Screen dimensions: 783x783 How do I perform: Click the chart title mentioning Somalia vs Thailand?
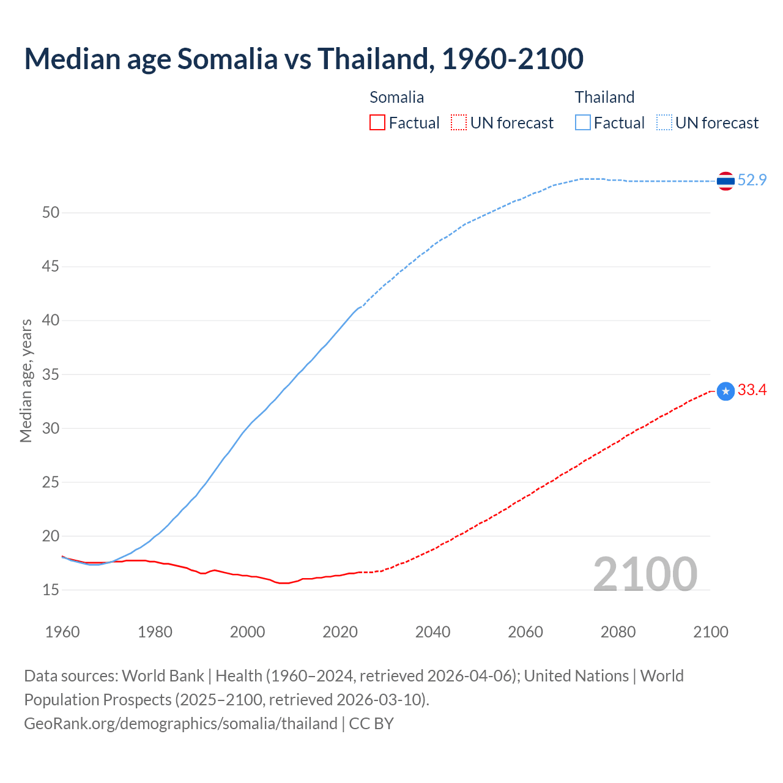pyautogui.click(x=303, y=59)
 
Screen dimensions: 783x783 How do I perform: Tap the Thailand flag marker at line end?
pyautogui.click(x=725, y=181)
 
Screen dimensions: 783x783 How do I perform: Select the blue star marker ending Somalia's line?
pyautogui.click(x=725, y=391)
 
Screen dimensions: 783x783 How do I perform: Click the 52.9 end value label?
pyautogui.click(x=752, y=180)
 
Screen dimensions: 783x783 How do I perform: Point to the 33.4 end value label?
pyautogui.click(x=752, y=390)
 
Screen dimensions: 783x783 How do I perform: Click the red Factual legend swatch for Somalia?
pyautogui.click(x=377, y=123)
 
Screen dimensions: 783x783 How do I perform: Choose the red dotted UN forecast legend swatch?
pyautogui.click(x=459, y=123)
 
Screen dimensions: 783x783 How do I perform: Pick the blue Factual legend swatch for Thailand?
pyautogui.click(x=583, y=123)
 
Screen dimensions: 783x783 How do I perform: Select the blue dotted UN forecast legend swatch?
pyautogui.click(x=664, y=123)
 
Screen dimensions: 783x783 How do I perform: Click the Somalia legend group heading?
pyautogui.click(x=396, y=97)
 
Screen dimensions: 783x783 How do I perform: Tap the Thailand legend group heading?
pyautogui.click(x=604, y=97)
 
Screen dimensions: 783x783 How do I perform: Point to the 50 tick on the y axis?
pyautogui.click(x=51, y=213)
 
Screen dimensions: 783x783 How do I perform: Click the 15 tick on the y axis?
pyautogui.click(x=51, y=590)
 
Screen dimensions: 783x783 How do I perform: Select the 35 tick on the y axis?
pyautogui.click(x=51, y=374)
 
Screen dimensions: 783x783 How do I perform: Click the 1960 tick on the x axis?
pyautogui.click(x=62, y=632)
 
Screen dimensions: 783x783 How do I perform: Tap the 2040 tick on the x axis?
pyautogui.click(x=432, y=632)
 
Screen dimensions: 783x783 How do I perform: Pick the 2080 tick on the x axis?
pyautogui.click(x=618, y=632)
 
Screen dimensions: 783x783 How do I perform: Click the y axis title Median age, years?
pyautogui.click(x=26, y=380)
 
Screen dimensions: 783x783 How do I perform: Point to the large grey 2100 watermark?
pyautogui.click(x=645, y=574)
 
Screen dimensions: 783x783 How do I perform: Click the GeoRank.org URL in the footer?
pyautogui.click(x=180, y=724)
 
